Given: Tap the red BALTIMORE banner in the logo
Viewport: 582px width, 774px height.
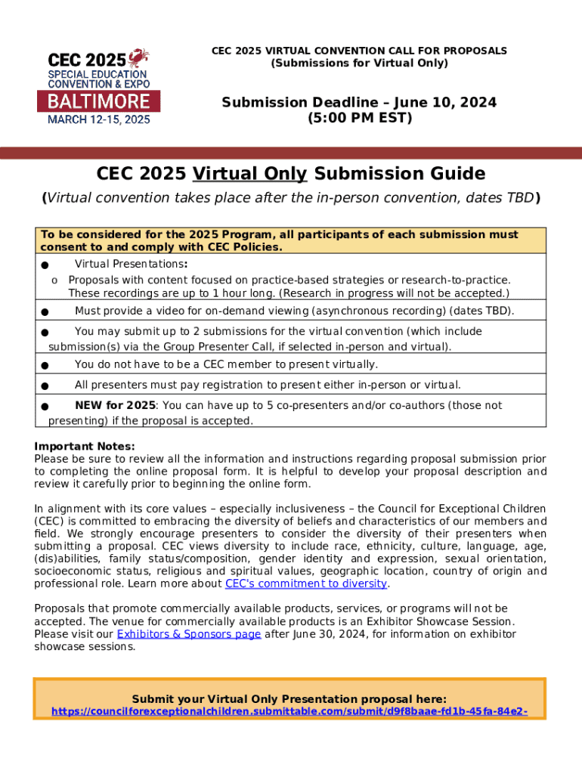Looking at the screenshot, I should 98,101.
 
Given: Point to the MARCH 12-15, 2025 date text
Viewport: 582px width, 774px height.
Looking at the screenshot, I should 98,119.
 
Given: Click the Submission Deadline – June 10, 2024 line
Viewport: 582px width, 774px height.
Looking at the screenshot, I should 359,102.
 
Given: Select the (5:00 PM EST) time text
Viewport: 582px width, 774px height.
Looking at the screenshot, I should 359,119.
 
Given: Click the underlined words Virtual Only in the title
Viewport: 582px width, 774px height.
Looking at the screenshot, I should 249,174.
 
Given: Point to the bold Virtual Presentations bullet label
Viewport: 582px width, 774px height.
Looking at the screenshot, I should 131,264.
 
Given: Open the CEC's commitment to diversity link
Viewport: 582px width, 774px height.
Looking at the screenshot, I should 306,584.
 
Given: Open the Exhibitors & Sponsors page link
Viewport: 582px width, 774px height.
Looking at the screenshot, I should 189,634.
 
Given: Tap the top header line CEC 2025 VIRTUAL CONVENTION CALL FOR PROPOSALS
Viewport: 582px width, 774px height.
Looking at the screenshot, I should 359,51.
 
